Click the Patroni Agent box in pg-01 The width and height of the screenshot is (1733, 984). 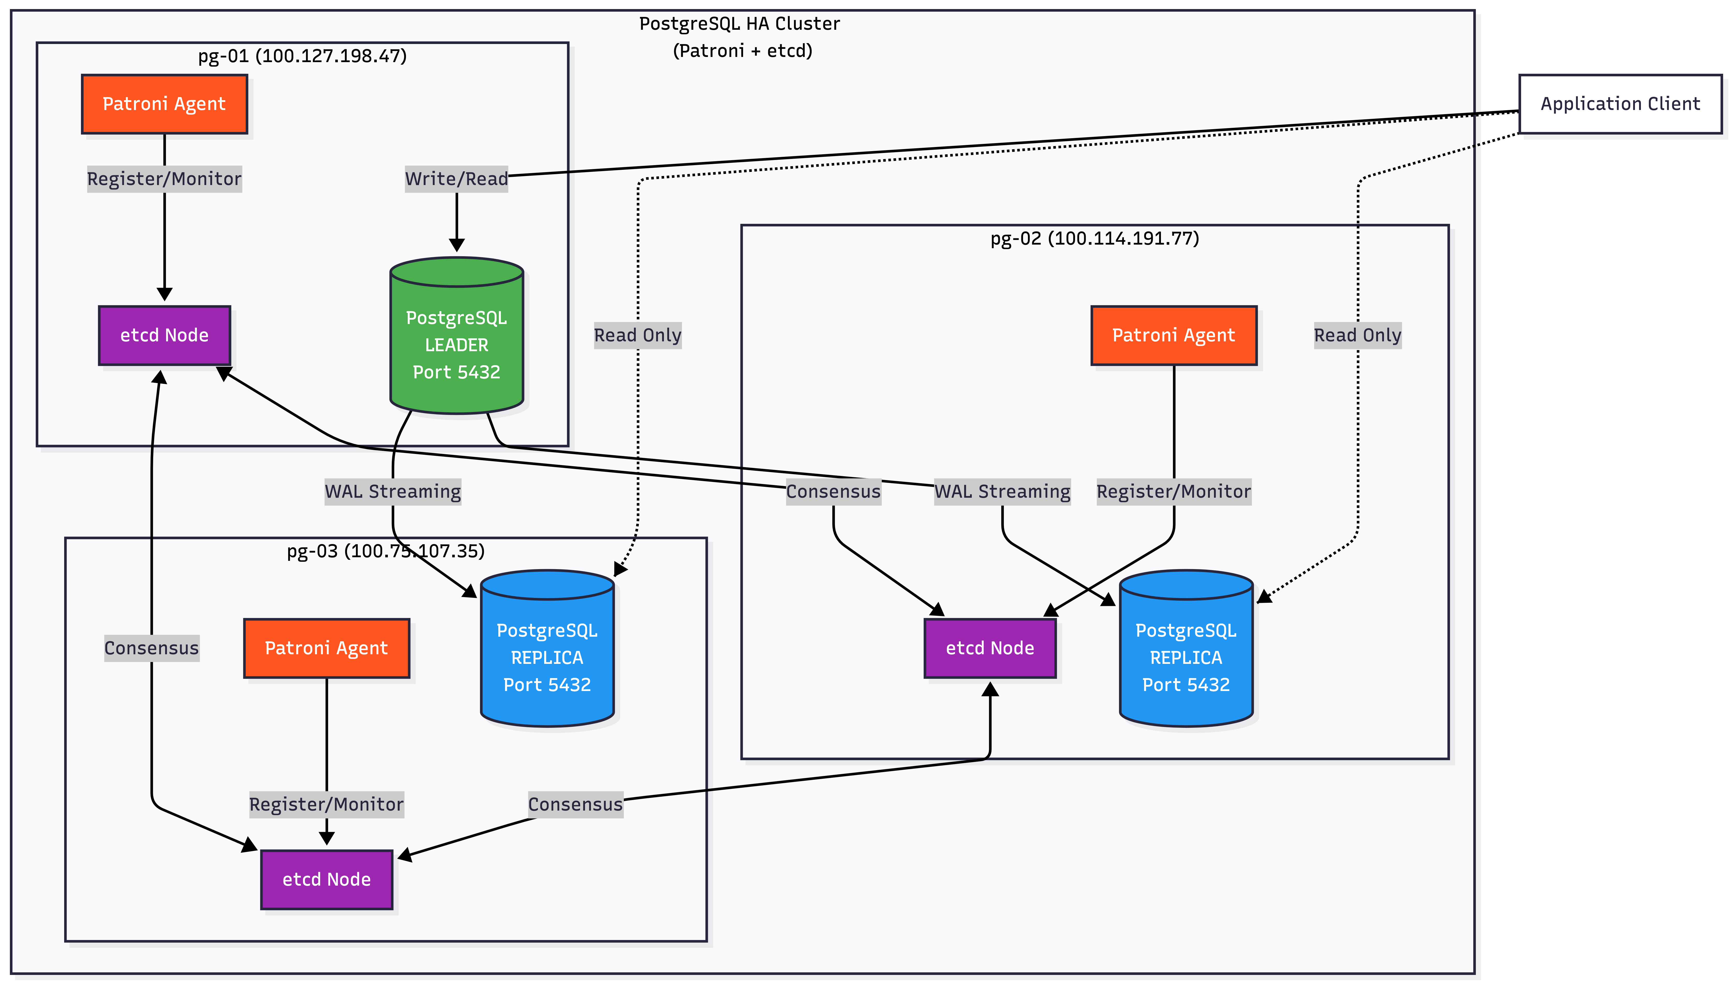click(x=164, y=104)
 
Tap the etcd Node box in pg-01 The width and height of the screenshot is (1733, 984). click(x=164, y=335)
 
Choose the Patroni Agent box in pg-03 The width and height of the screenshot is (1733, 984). click(x=326, y=648)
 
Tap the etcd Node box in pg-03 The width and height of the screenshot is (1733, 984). click(x=326, y=879)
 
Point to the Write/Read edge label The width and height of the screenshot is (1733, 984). click(x=456, y=179)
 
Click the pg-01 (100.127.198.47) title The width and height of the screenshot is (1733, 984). click(x=302, y=56)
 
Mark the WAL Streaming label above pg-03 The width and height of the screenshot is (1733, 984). click(x=392, y=491)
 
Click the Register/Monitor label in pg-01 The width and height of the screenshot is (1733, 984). click(x=164, y=179)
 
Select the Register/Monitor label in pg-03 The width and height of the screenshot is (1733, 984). click(x=326, y=804)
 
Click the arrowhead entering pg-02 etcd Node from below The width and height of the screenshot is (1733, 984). click(x=990, y=689)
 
